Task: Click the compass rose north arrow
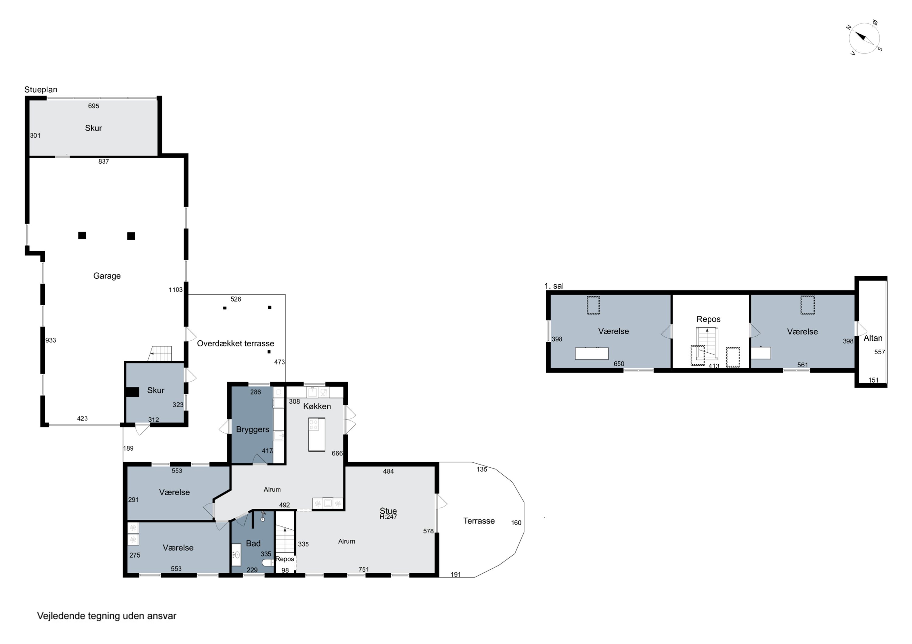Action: coord(860,36)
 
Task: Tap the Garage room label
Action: coord(107,276)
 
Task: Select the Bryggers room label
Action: coord(253,429)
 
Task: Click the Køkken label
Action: coord(317,406)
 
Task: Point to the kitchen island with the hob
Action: coord(316,434)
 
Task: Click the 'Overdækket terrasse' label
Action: coord(236,343)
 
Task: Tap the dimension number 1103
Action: coord(176,290)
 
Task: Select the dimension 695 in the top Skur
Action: coord(94,106)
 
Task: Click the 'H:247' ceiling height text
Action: coord(389,517)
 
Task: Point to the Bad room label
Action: coord(253,543)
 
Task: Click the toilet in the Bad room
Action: coord(268,562)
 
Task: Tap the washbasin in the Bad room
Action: coord(236,555)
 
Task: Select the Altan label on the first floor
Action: coord(873,338)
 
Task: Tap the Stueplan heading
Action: coord(41,90)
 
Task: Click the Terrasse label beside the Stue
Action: coord(479,521)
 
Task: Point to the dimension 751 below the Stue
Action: coord(364,569)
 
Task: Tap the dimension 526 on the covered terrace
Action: coord(236,299)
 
